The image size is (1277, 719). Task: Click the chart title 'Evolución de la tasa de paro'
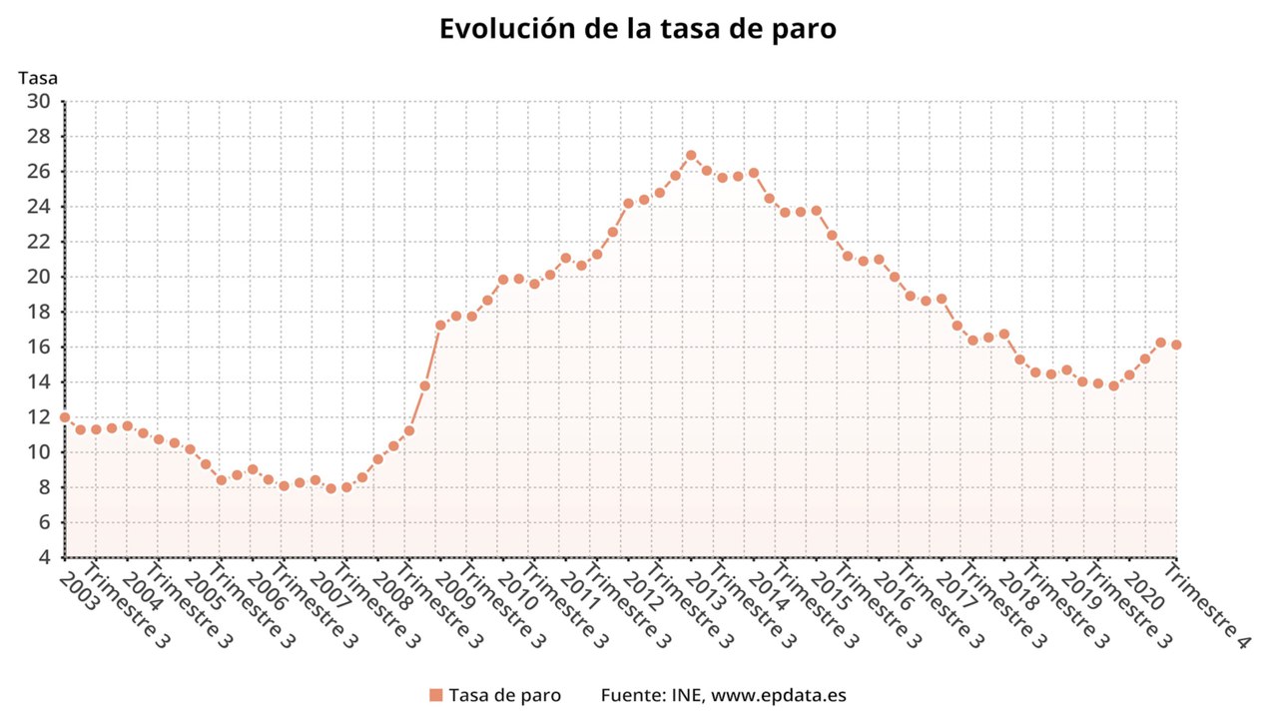point(638,28)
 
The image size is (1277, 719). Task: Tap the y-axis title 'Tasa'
point(38,77)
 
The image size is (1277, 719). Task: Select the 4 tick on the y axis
point(45,557)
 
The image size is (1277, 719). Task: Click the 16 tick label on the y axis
point(39,347)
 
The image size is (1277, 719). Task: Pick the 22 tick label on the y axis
point(39,242)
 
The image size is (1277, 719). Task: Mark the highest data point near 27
point(690,155)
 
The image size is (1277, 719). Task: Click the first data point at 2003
point(65,417)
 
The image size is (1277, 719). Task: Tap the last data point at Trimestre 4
point(1176,345)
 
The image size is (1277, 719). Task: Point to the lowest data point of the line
point(330,488)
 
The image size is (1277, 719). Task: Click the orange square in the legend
point(435,695)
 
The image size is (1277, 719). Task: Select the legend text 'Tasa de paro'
point(504,695)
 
